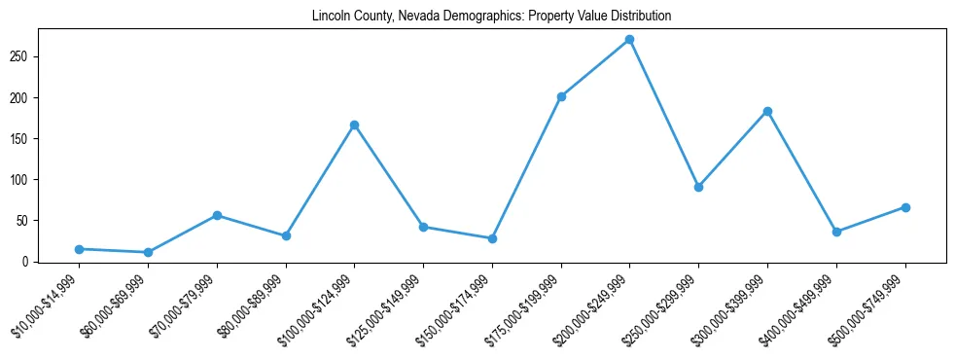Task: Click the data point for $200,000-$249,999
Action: pyautogui.click(x=629, y=40)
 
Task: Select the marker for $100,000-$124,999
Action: pyautogui.click(x=354, y=125)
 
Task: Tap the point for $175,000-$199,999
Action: pyautogui.click(x=561, y=96)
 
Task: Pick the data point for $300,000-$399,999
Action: pyautogui.click(x=767, y=112)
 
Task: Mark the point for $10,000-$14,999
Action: pyautogui.click(x=79, y=249)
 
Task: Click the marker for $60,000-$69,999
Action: pyautogui.click(x=148, y=252)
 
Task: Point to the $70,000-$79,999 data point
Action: pyautogui.click(x=217, y=215)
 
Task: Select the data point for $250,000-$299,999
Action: pyautogui.click(x=698, y=187)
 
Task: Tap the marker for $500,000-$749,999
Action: pyautogui.click(x=905, y=207)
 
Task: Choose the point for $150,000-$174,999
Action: pyautogui.click(x=492, y=238)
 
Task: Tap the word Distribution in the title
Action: pyautogui.click(x=639, y=17)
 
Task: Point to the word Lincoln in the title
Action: pyautogui.click(x=331, y=17)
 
